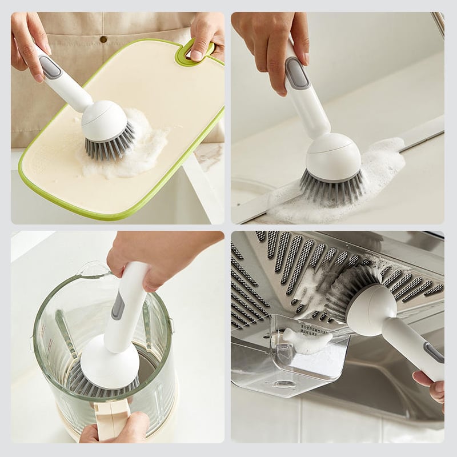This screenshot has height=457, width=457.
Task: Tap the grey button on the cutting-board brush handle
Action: [50, 67]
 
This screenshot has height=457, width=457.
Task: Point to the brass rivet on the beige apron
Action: [103, 39]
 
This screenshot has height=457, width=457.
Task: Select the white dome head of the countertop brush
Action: [333, 157]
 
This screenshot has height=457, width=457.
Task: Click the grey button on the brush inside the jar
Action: [118, 306]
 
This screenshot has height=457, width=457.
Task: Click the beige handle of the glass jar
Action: [112, 417]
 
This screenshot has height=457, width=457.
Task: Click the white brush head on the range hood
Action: [370, 308]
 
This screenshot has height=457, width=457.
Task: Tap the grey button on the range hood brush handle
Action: [434, 351]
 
